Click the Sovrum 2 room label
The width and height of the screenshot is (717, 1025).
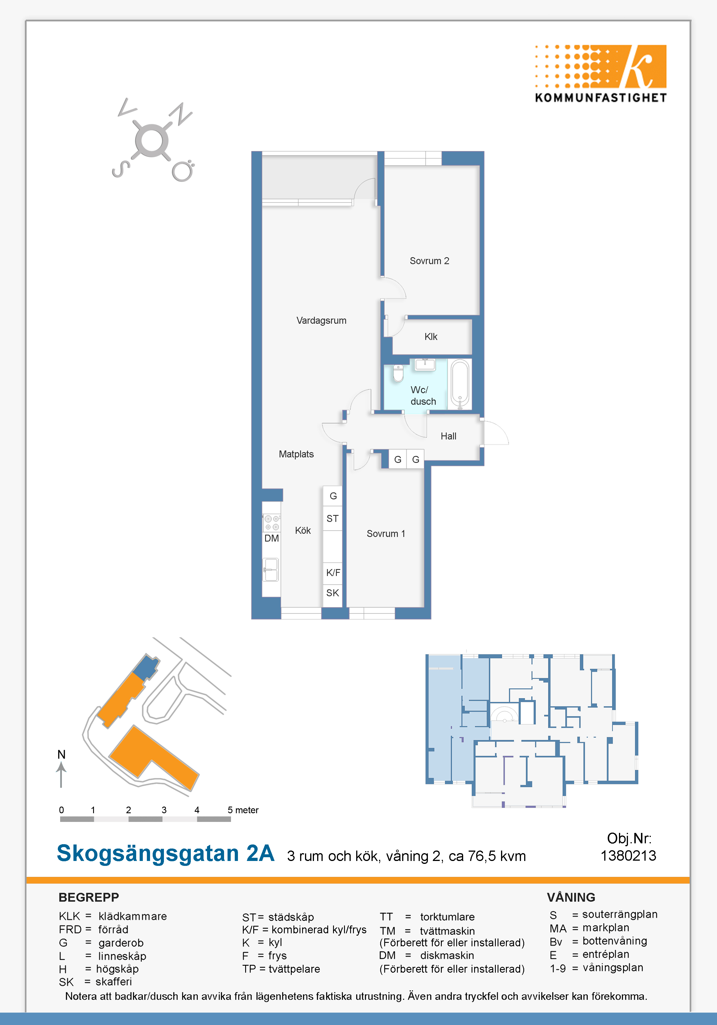tap(429, 261)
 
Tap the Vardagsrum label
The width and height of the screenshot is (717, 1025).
tap(321, 321)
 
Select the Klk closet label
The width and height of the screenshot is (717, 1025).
tap(430, 337)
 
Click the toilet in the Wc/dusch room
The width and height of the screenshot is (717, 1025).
tap(398, 373)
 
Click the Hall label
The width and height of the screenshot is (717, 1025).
tap(448, 436)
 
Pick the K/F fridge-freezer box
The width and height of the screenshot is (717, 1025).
tap(333, 573)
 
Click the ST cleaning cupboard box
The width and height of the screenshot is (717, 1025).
tap(333, 518)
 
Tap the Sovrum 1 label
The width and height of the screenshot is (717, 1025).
tap(386, 534)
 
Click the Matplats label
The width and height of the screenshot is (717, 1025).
tap(296, 454)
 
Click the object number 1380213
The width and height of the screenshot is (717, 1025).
tap(628, 855)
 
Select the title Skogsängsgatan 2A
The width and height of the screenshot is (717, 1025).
tap(166, 853)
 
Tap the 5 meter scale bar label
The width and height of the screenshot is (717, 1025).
tap(243, 810)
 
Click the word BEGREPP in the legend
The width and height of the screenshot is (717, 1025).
tap(89, 897)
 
